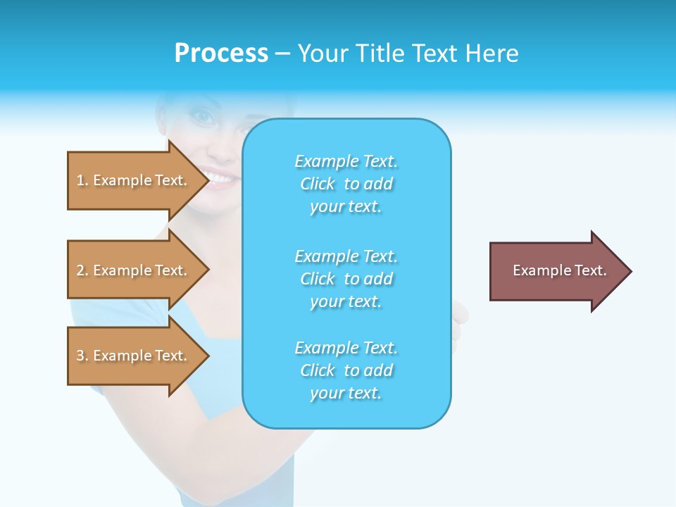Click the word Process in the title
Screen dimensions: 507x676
click(x=221, y=54)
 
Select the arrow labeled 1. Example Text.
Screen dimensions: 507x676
click(x=134, y=181)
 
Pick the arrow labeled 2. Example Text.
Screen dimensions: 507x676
click(x=134, y=270)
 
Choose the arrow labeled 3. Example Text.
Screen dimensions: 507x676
click(x=134, y=356)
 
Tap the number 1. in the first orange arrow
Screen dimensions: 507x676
click(x=82, y=181)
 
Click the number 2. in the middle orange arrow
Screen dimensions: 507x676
click(x=82, y=270)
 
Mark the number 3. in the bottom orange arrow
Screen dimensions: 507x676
click(x=82, y=356)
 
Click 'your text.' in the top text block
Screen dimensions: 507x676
click(x=346, y=207)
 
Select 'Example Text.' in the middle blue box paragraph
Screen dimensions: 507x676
click(x=346, y=256)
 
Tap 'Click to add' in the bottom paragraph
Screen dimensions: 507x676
click(x=346, y=370)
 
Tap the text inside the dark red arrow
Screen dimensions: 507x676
click(x=559, y=270)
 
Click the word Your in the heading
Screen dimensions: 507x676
click(x=325, y=54)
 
